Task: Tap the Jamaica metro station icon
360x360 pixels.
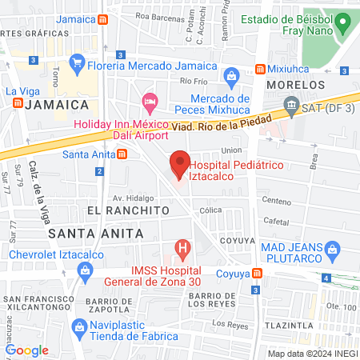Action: click(x=102, y=20)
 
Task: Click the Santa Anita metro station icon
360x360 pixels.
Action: click(x=121, y=154)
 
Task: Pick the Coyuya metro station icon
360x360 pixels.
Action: click(x=257, y=273)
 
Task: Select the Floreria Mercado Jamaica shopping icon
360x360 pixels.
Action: click(x=78, y=61)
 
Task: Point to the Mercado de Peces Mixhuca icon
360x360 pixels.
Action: click(x=232, y=78)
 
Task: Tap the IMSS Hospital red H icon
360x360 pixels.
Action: click(x=183, y=248)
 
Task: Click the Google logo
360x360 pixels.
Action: click(x=26, y=350)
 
